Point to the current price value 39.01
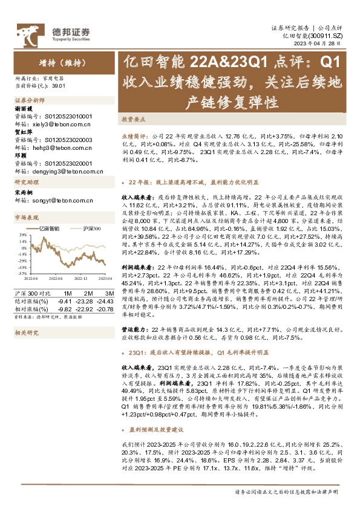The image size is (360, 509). click(x=59, y=86)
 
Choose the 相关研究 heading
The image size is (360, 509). click(x=26, y=332)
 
